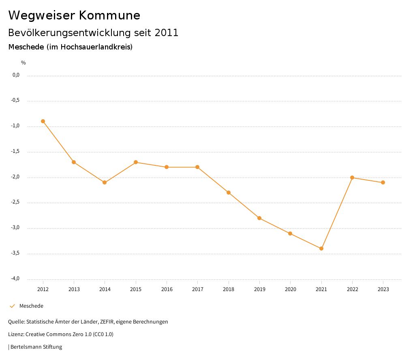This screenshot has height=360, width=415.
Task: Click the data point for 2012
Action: click(x=43, y=121)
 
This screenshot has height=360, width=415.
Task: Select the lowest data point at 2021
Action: click(x=321, y=249)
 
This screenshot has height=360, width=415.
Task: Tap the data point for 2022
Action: click(x=352, y=178)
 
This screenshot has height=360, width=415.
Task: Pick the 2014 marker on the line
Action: click(x=105, y=182)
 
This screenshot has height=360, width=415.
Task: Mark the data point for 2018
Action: click(x=229, y=193)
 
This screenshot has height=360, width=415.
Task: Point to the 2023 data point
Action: click(x=383, y=182)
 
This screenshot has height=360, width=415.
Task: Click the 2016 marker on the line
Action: click(x=167, y=167)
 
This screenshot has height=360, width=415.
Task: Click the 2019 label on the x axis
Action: click(x=259, y=289)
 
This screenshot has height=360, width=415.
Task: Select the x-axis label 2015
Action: click(x=136, y=289)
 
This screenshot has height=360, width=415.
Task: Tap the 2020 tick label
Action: click(x=291, y=289)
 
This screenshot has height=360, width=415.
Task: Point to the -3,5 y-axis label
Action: click(x=16, y=253)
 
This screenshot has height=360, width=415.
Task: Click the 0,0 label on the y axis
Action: click(x=16, y=75)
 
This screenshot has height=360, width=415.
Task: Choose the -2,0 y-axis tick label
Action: click(x=16, y=177)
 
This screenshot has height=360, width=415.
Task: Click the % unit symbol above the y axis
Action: click(x=24, y=63)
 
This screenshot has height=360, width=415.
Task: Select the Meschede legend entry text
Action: click(x=31, y=306)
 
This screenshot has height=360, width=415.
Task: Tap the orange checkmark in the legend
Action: click(x=12, y=306)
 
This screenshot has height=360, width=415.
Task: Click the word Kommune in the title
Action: click(x=110, y=15)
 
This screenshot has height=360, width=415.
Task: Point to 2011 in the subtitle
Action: click(x=167, y=33)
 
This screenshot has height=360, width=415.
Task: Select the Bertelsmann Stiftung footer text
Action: click(x=36, y=347)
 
